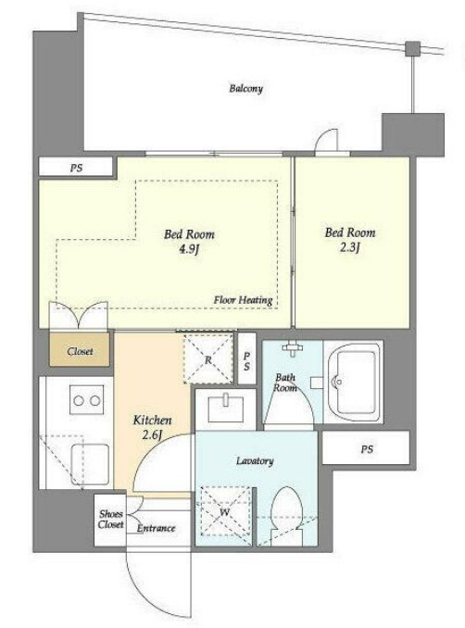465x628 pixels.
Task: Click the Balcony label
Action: coord(245,88)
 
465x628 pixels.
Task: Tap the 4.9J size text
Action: coord(189,249)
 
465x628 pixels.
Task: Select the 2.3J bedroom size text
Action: coord(350,247)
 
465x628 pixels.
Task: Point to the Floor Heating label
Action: coord(243,300)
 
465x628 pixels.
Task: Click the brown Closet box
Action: coord(80,349)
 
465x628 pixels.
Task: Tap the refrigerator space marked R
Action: coord(208,358)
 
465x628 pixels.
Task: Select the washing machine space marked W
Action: coord(225,511)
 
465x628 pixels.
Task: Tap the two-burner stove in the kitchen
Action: coord(87,400)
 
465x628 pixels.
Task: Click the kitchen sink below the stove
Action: coord(90,464)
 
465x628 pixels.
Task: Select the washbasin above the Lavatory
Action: coord(225,408)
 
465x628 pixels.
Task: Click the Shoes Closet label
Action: coord(110,519)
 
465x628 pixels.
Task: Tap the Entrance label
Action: coord(157,528)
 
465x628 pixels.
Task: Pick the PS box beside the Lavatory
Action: coord(366,447)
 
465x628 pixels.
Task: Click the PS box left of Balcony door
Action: coord(76,167)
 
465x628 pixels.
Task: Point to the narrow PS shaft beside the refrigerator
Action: coord(246,358)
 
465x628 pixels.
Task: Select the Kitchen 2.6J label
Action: coord(152,427)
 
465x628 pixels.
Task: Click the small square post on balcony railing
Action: coord(412,48)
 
